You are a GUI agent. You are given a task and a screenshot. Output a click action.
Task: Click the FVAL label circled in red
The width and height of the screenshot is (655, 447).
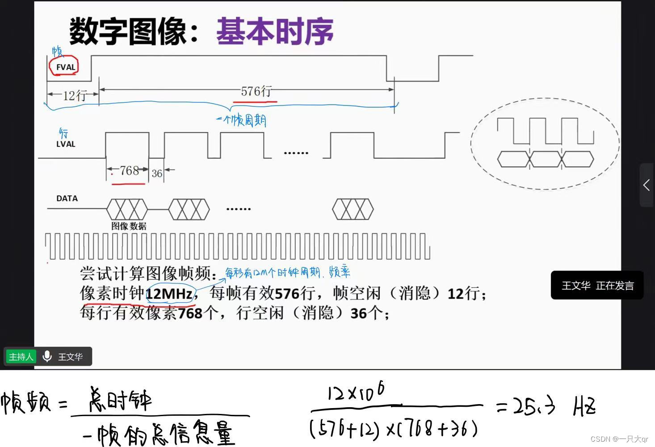click(65, 67)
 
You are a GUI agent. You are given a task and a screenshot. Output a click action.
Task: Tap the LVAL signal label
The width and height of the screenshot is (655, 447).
click(66, 144)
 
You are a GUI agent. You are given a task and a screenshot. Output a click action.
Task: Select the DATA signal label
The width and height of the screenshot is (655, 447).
click(67, 198)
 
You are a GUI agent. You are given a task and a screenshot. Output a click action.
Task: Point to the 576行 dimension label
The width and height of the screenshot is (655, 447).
click(256, 92)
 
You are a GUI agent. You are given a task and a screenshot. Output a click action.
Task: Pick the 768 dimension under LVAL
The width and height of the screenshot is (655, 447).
click(129, 171)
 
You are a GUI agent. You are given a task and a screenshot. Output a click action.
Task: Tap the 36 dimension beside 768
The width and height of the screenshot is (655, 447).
click(156, 173)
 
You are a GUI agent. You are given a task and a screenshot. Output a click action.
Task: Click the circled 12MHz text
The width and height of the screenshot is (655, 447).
click(170, 294)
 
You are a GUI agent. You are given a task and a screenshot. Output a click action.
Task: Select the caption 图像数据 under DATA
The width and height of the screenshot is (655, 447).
click(129, 226)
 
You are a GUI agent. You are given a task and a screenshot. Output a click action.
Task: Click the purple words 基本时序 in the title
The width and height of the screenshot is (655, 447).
click(275, 32)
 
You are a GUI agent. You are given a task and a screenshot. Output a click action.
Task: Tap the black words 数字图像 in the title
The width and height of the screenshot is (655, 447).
click(128, 32)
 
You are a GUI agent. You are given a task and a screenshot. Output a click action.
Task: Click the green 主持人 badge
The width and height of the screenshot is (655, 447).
click(21, 357)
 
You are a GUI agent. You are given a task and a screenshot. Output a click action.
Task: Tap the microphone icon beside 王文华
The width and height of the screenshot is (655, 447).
click(47, 356)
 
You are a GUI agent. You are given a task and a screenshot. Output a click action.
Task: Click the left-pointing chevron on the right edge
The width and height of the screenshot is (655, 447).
click(647, 185)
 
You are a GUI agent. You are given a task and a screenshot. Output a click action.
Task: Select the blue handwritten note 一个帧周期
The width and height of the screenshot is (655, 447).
click(241, 120)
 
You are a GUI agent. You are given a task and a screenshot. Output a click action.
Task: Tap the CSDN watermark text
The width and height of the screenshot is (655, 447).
click(619, 439)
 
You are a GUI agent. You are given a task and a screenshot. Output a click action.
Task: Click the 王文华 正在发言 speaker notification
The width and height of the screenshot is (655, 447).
click(597, 286)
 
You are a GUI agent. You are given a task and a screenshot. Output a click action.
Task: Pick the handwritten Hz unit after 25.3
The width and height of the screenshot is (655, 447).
click(584, 407)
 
